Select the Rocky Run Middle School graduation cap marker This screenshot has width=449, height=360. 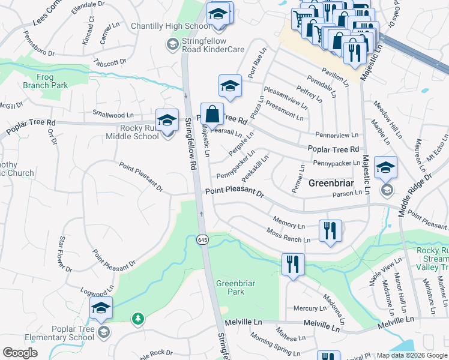coord(167,119)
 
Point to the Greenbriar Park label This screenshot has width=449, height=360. coord(230,287)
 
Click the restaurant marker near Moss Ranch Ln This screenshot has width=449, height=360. coord(330,231)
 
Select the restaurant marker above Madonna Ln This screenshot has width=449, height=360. coord(293,265)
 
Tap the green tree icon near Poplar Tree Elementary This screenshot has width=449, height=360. coord(138,318)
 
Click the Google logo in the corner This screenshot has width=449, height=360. coord(20,353)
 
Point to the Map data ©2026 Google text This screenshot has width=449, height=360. coord(412,355)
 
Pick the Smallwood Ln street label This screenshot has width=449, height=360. coord(113,114)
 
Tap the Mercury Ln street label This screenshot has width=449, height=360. coord(310,308)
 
